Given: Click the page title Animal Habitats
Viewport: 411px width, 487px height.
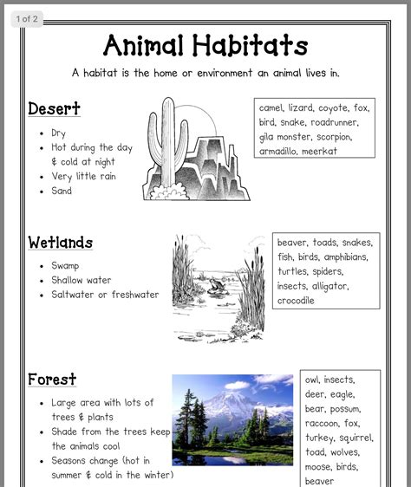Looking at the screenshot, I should pyautogui.click(x=205, y=44).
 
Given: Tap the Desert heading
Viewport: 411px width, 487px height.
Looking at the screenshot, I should pyautogui.click(x=54, y=108).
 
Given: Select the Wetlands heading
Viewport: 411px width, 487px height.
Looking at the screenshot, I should pyautogui.click(x=60, y=242).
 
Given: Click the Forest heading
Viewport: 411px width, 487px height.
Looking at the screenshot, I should pyautogui.click(x=52, y=379).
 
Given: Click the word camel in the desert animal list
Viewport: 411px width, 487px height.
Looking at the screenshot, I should pyautogui.click(x=272, y=108).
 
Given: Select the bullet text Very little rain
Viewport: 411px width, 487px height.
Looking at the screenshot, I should pyautogui.click(x=83, y=177).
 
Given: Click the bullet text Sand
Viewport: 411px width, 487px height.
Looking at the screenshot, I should pyautogui.click(x=62, y=191).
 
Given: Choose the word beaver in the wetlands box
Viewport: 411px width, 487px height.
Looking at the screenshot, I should pyautogui.click(x=292, y=243).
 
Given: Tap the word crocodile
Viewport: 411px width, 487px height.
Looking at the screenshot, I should pyautogui.click(x=296, y=301).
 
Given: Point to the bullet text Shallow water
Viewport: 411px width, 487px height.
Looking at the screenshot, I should pyautogui.click(x=82, y=280).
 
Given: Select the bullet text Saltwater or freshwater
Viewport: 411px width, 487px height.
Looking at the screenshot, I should pyautogui.click(x=105, y=295).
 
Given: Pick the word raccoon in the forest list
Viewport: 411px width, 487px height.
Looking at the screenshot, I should pyautogui.click(x=322, y=424).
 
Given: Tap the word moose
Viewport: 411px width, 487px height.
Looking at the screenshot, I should pyautogui.click(x=319, y=467).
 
